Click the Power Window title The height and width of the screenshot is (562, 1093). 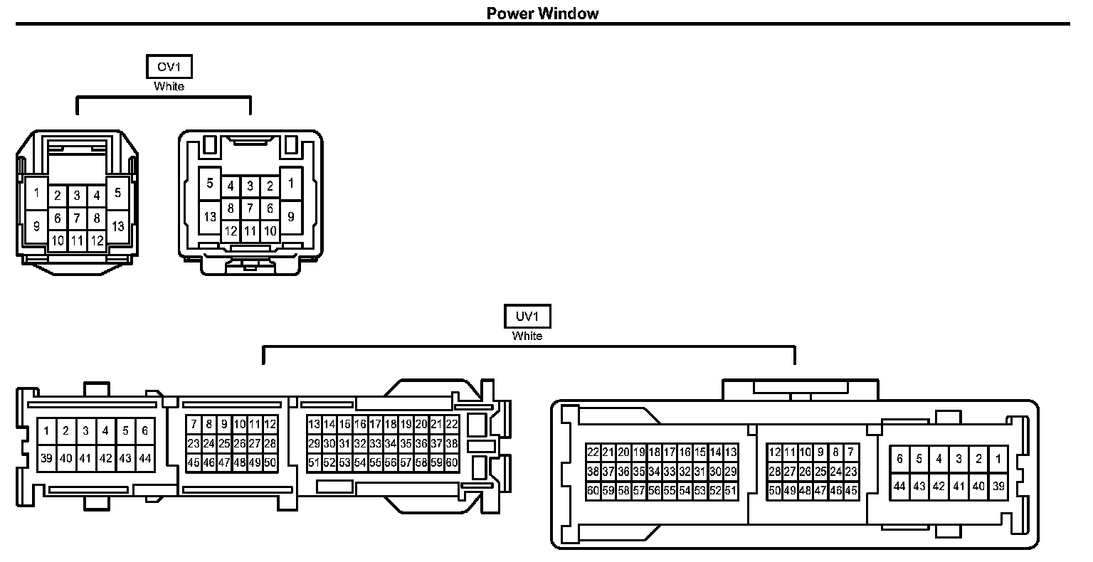(x=542, y=14)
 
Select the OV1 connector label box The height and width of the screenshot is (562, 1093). (x=169, y=68)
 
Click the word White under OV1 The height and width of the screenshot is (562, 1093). (x=169, y=87)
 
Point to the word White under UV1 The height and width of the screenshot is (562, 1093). (x=527, y=336)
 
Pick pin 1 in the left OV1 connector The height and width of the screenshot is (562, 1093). (x=36, y=193)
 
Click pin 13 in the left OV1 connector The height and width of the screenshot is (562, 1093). (x=118, y=226)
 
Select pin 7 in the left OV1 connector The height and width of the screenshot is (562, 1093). (x=77, y=218)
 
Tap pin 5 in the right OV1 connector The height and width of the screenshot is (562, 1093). (x=210, y=184)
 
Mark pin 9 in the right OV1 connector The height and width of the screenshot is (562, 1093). (x=290, y=217)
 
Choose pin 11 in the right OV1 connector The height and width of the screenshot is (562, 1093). (x=250, y=230)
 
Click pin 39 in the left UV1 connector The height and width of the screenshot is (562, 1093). (x=46, y=458)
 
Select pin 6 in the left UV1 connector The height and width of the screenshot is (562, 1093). (x=145, y=430)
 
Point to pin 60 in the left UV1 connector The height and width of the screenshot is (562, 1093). (x=451, y=462)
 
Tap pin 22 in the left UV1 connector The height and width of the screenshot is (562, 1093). (x=451, y=424)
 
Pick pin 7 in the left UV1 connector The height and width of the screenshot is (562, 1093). (x=194, y=424)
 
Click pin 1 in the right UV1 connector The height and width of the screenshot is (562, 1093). (x=998, y=460)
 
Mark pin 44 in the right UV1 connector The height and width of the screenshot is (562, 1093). (x=899, y=487)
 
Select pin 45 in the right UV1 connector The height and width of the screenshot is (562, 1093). (x=851, y=490)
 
